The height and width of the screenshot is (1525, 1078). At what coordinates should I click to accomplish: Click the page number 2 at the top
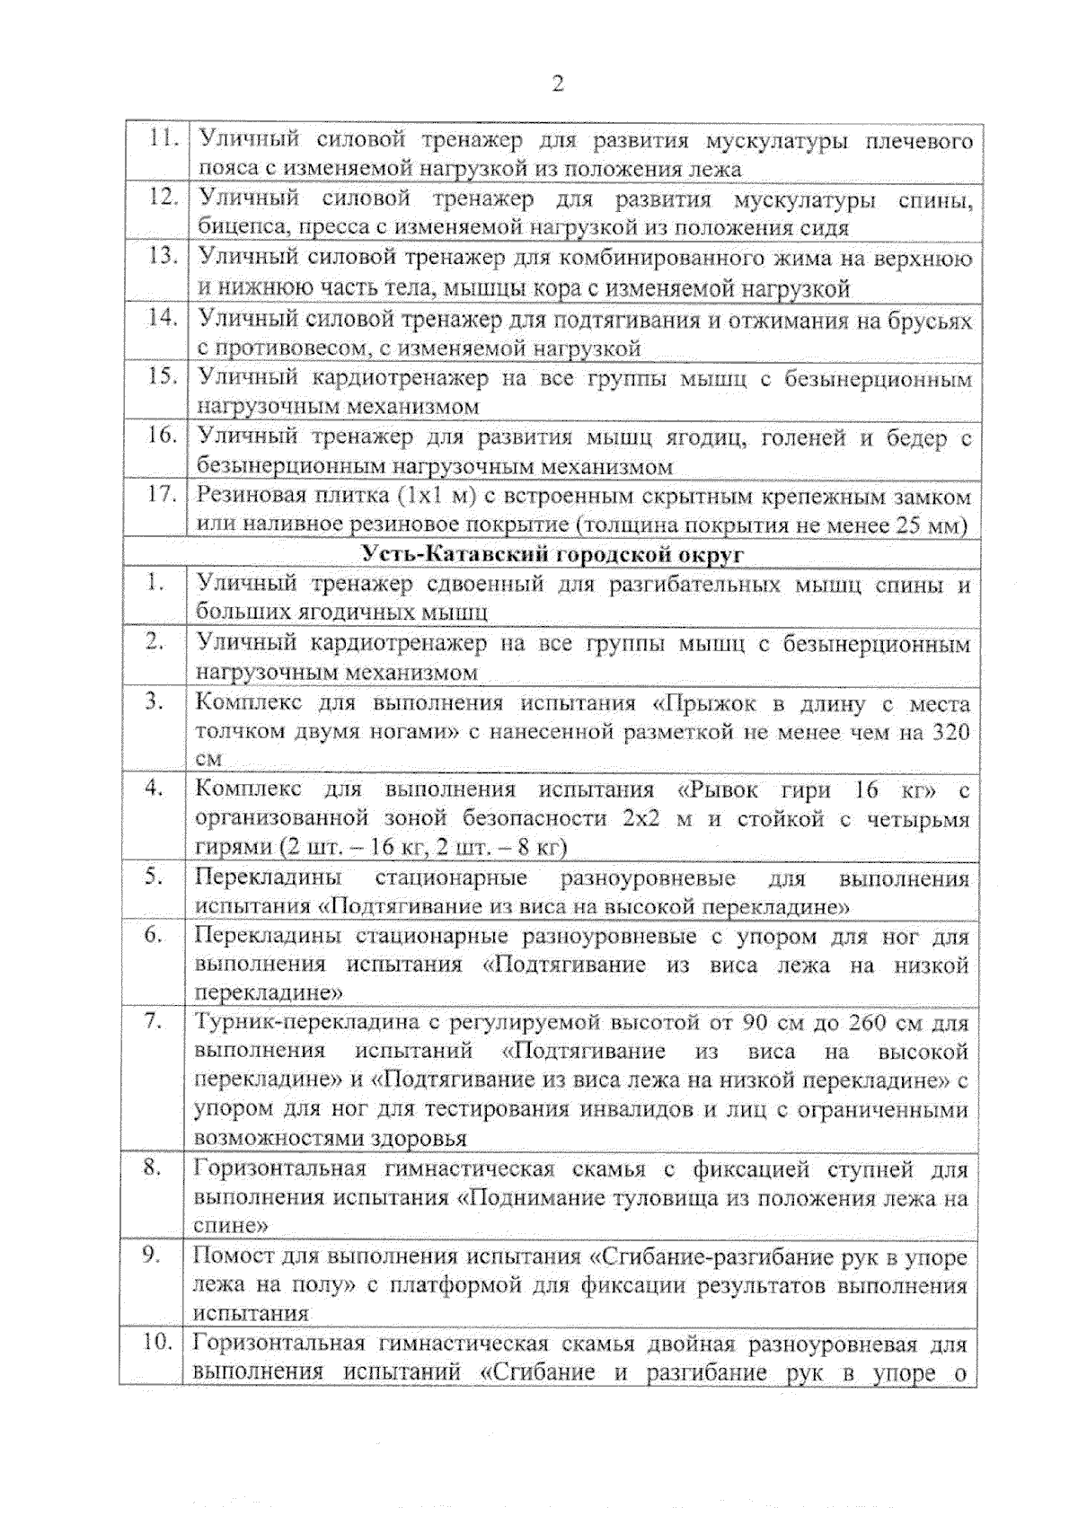(558, 84)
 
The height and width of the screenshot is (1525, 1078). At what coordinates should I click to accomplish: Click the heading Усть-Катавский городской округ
(553, 554)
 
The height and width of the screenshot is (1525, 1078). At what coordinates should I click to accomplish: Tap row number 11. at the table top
(162, 138)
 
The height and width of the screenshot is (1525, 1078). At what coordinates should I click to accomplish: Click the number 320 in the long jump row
(951, 732)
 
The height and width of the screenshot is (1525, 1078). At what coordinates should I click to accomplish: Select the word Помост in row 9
(226, 1256)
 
